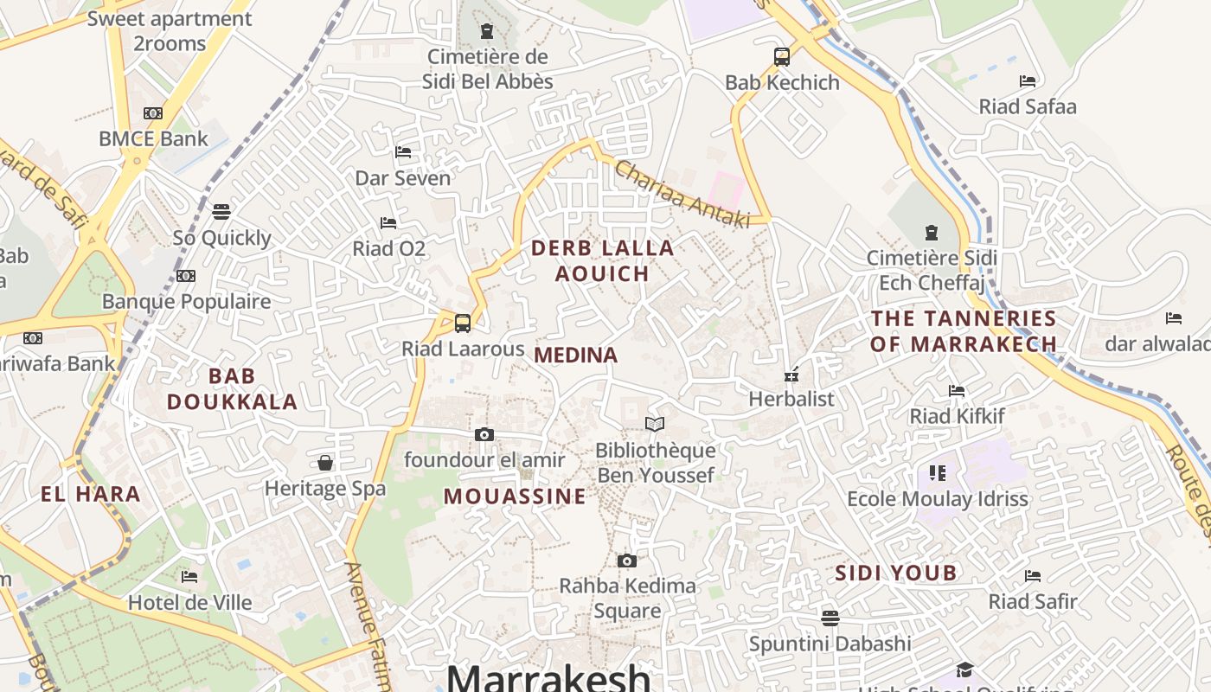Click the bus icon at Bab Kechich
click(x=782, y=57)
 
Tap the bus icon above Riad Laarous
click(x=463, y=324)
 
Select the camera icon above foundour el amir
click(x=484, y=434)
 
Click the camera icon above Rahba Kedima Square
click(x=627, y=561)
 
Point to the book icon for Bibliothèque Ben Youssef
click(x=655, y=424)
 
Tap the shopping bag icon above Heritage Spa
click(x=325, y=463)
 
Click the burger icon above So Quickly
click(x=221, y=212)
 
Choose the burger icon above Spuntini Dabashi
click(x=830, y=618)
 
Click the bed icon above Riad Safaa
click(x=1028, y=81)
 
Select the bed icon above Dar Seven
click(x=403, y=152)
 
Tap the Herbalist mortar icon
click(x=791, y=375)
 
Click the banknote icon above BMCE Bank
click(x=153, y=113)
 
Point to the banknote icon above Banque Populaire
click(x=186, y=276)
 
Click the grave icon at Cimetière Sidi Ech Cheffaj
click(x=932, y=233)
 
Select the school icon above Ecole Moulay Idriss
click(x=938, y=473)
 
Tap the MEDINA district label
click(x=576, y=355)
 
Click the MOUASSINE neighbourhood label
click(x=515, y=497)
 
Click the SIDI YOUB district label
click(x=895, y=573)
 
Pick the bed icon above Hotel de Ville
click(x=189, y=577)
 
